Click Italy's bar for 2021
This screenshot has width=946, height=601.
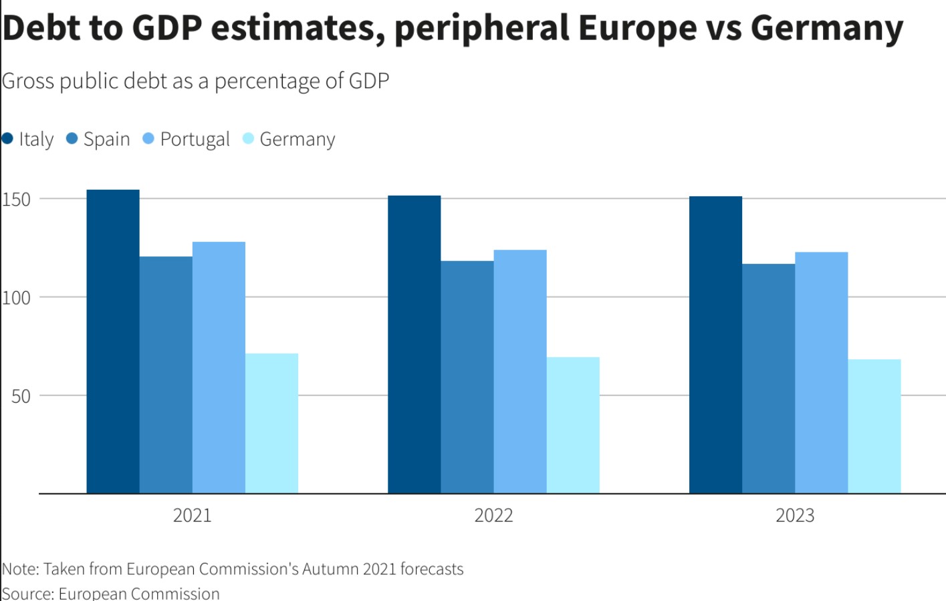click(x=113, y=342)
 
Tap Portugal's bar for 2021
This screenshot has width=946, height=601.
click(x=219, y=368)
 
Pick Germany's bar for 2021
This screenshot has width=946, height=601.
click(x=271, y=423)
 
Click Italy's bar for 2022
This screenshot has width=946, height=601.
click(x=414, y=345)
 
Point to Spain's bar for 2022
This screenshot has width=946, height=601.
click(x=467, y=377)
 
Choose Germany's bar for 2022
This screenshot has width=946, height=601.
click(x=573, y=425)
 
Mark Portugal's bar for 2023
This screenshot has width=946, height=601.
click(x=822, y=373)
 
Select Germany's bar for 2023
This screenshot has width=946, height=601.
click(x=874, y=427)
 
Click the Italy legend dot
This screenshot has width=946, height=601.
click(x=7, y=138)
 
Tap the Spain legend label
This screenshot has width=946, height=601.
click(x=106, y=139)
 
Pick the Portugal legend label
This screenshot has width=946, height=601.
click(x=195, y=139)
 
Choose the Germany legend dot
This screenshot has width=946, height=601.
click(x=248, y=138)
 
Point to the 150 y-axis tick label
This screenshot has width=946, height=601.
click(x=16, y=199)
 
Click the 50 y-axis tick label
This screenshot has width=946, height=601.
click(x=21, y=396)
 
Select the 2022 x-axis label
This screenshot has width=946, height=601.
click(x=493, y=516)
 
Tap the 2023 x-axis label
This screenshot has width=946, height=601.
click(x=795, y=516)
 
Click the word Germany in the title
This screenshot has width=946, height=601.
click(x=827, y=28)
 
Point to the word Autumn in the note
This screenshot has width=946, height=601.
click(x=330, y=569)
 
